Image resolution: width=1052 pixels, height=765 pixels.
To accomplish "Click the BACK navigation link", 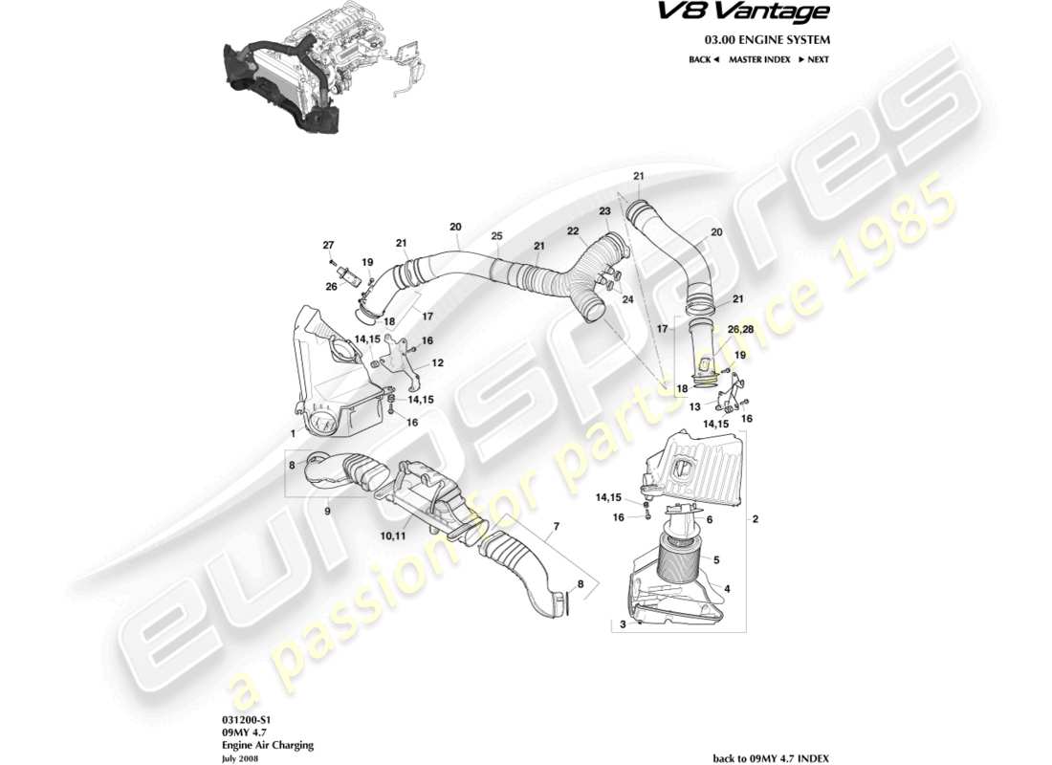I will pos(703,59).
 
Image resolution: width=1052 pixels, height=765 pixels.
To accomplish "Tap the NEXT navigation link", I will pos(814,59).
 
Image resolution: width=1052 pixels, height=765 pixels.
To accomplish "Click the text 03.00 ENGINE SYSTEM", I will pos(767,40).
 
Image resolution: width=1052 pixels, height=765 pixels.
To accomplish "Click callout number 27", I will pos(328,246).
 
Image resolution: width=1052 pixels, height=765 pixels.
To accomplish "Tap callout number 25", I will pos(496,236).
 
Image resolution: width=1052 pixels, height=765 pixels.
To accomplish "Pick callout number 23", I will pos(604,211).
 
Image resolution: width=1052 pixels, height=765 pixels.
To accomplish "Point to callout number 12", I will pos(438,363).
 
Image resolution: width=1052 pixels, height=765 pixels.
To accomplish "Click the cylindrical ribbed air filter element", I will pos(680,558).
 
